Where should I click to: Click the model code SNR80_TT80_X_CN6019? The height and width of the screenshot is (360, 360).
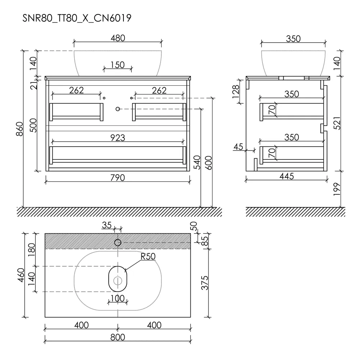tap(77, 18)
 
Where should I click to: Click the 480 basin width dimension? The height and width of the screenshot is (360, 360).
tap(118, 38)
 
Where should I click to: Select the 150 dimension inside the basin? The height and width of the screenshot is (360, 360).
tap(118, 65)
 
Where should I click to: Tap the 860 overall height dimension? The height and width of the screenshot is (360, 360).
tap(20, 129)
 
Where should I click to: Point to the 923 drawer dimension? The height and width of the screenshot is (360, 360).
tap(118, 138)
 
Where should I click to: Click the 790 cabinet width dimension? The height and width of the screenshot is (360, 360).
tap(118, 178)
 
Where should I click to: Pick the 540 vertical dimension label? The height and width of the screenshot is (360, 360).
tap(197, 162)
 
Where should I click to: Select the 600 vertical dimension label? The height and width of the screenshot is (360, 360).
tap(208, 163)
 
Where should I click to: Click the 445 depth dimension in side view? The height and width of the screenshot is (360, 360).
tap(287, 176)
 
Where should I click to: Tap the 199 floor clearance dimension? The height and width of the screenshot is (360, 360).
tap(337, 189)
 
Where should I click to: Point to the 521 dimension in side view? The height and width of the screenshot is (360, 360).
tap(337, 123)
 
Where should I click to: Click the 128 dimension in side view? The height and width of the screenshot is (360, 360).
tap(236, 91)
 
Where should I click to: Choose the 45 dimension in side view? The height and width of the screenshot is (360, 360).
tap(238, 147)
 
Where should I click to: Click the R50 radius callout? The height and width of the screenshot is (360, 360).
tap(148, 256)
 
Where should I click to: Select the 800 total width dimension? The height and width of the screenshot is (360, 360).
tap(118, 337)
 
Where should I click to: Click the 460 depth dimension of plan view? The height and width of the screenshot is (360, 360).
tap(21, 275)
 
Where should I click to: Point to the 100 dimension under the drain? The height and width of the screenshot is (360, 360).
tap(118, 298)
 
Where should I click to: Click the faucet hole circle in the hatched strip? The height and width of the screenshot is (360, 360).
tap(118, 242)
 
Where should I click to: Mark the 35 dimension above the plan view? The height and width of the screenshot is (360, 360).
tap(107, 225)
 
